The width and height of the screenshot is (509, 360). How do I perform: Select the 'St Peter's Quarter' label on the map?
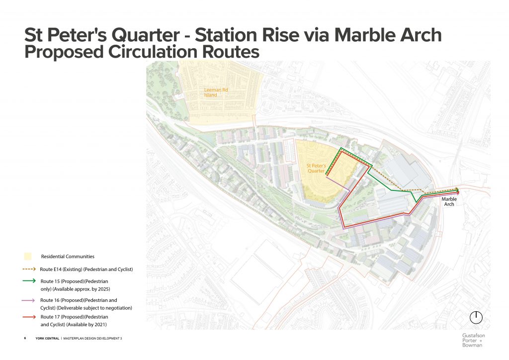(315, 168)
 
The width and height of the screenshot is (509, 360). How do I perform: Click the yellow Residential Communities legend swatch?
(28, 257)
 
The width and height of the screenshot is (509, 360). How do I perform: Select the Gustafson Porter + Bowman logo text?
(473, 340)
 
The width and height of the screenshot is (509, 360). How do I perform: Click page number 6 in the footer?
(25, 338)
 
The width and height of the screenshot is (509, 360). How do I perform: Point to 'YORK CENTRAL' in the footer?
(47, 338)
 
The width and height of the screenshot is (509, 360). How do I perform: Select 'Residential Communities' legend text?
(68, 257)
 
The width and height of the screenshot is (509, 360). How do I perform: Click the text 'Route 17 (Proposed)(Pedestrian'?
(75, 317)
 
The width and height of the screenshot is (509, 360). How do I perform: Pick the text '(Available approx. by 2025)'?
(75, 289)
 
